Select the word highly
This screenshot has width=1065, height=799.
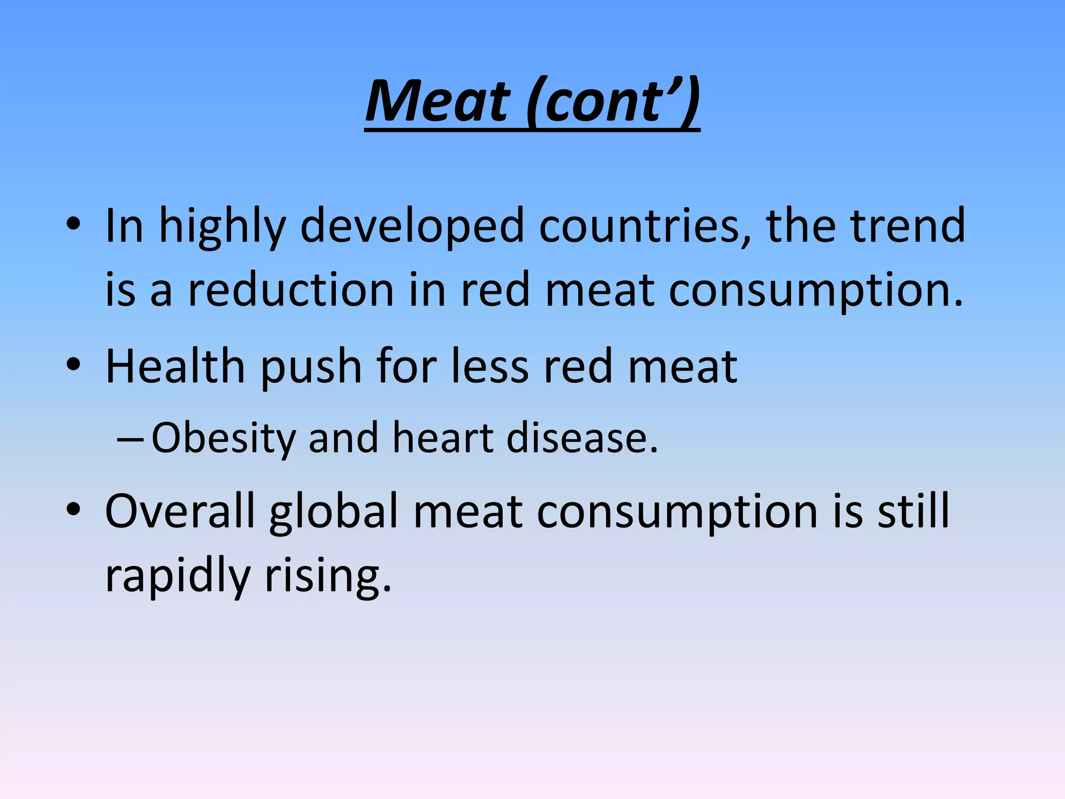point(222,227)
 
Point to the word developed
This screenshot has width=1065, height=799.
point(412,226)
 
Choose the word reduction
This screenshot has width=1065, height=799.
point(290,290)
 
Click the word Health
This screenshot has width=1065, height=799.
point(175,366)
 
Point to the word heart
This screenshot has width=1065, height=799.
point(442,438)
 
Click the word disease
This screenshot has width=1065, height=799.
point(581,438)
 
